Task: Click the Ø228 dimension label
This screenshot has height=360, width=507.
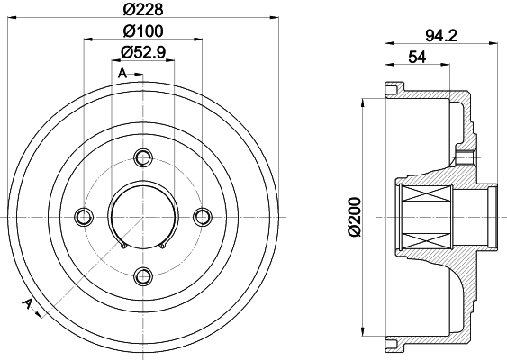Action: pos(143,9)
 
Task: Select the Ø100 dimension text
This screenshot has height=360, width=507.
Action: pos(143,31)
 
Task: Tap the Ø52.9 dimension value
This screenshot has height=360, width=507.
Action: pos(143,52)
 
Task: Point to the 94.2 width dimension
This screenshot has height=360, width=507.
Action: pos(441,35)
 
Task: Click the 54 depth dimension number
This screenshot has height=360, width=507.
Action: pos(417,58)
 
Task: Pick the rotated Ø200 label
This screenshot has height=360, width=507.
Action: pos(355,217)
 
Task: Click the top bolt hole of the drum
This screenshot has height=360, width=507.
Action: pos(143,158)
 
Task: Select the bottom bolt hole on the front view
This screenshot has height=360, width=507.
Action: pos(143,275)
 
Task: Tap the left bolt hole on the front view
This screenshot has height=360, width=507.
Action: pos(84,217)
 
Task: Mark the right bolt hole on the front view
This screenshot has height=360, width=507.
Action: pos(203,217)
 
